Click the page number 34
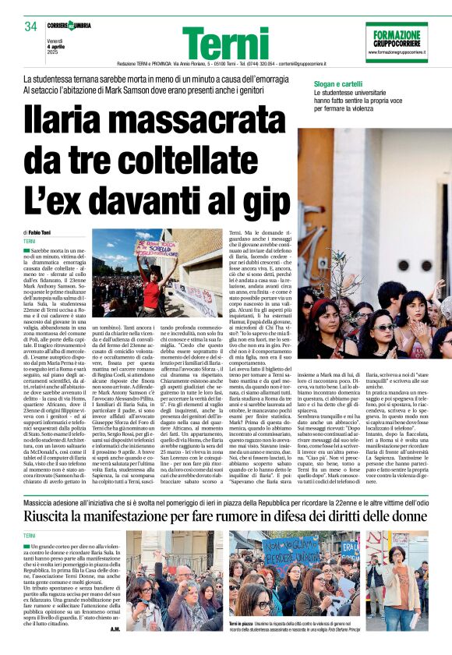30,27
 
